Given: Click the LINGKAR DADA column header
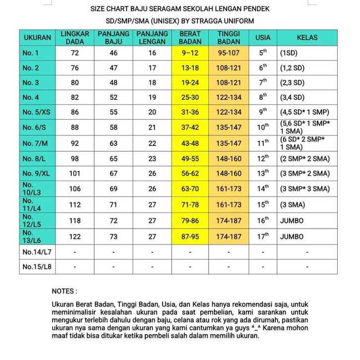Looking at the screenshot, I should (x=75, y=38).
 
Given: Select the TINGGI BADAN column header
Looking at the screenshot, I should (x=229, y=38).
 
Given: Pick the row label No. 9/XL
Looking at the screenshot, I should (x=37, y=174).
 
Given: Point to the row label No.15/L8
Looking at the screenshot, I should (x=37, y=267).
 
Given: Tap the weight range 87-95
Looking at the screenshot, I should (x=190, y=237).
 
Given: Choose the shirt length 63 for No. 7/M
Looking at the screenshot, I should (x=114, y=143).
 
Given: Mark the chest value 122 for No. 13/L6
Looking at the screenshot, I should (x=75, y=237).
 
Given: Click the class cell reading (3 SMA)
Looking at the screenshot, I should (x=292, y=204).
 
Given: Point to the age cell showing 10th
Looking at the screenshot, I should (x=263, y=127).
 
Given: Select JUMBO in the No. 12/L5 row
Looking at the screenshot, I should (x=292, y=220).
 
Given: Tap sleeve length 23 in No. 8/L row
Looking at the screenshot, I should (x=152, y=159).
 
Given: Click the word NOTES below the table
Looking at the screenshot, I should (x=64, y=291).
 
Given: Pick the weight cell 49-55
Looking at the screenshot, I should (x=190, y=159).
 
